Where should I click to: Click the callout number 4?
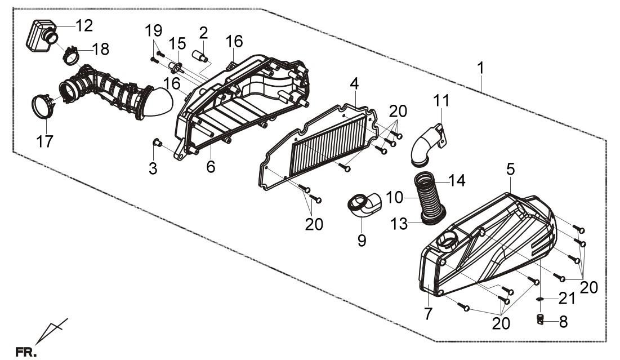(354, 85)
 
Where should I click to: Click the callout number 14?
(457, 180)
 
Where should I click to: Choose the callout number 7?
(429, 312)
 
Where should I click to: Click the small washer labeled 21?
(539, 299)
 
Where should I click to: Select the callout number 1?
(480, 70)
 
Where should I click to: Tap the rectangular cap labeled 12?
(38, 36)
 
